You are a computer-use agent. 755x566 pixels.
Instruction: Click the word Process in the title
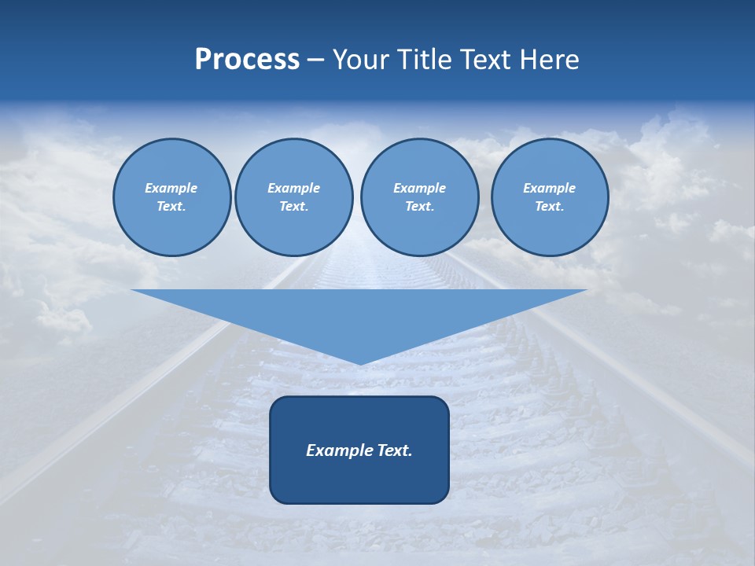247,60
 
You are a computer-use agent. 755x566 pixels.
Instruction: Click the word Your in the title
361,60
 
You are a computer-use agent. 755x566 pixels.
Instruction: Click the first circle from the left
172,197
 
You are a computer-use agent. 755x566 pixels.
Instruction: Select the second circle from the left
294,197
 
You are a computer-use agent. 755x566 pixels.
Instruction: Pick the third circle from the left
419,197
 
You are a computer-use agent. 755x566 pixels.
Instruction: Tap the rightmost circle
550,197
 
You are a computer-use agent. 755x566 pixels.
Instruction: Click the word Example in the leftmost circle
171,188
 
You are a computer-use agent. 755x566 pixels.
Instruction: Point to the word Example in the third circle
419,188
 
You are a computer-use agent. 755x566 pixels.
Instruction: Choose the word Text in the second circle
293,207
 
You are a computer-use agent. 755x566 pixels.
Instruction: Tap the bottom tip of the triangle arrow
360,363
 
